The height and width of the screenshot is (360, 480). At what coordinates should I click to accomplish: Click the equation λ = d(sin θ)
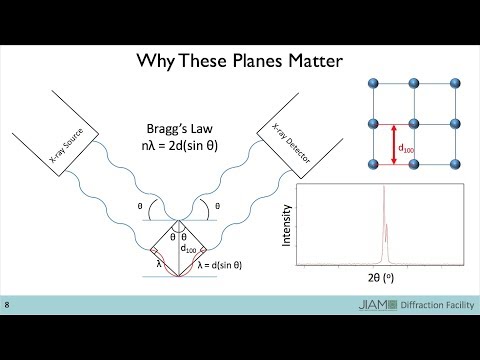tap(220, 265)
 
